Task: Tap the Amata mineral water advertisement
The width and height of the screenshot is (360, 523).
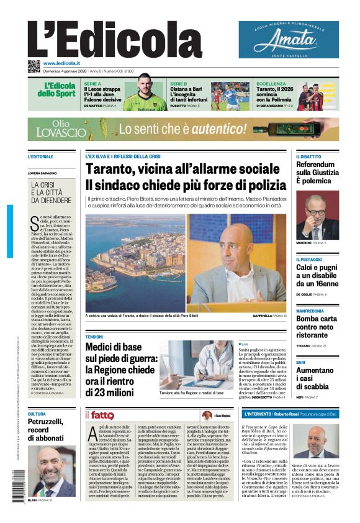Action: click(288, 40)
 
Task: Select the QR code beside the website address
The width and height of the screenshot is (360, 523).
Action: click(34, 65)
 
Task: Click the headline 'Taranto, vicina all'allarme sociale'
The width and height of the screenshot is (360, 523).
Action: click(182, 170)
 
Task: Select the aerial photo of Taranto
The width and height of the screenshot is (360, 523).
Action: click(135, 263)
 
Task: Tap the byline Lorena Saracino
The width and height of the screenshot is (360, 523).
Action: click(45, 173)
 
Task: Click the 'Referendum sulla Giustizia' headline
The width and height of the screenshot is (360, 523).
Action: click(317, 173)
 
